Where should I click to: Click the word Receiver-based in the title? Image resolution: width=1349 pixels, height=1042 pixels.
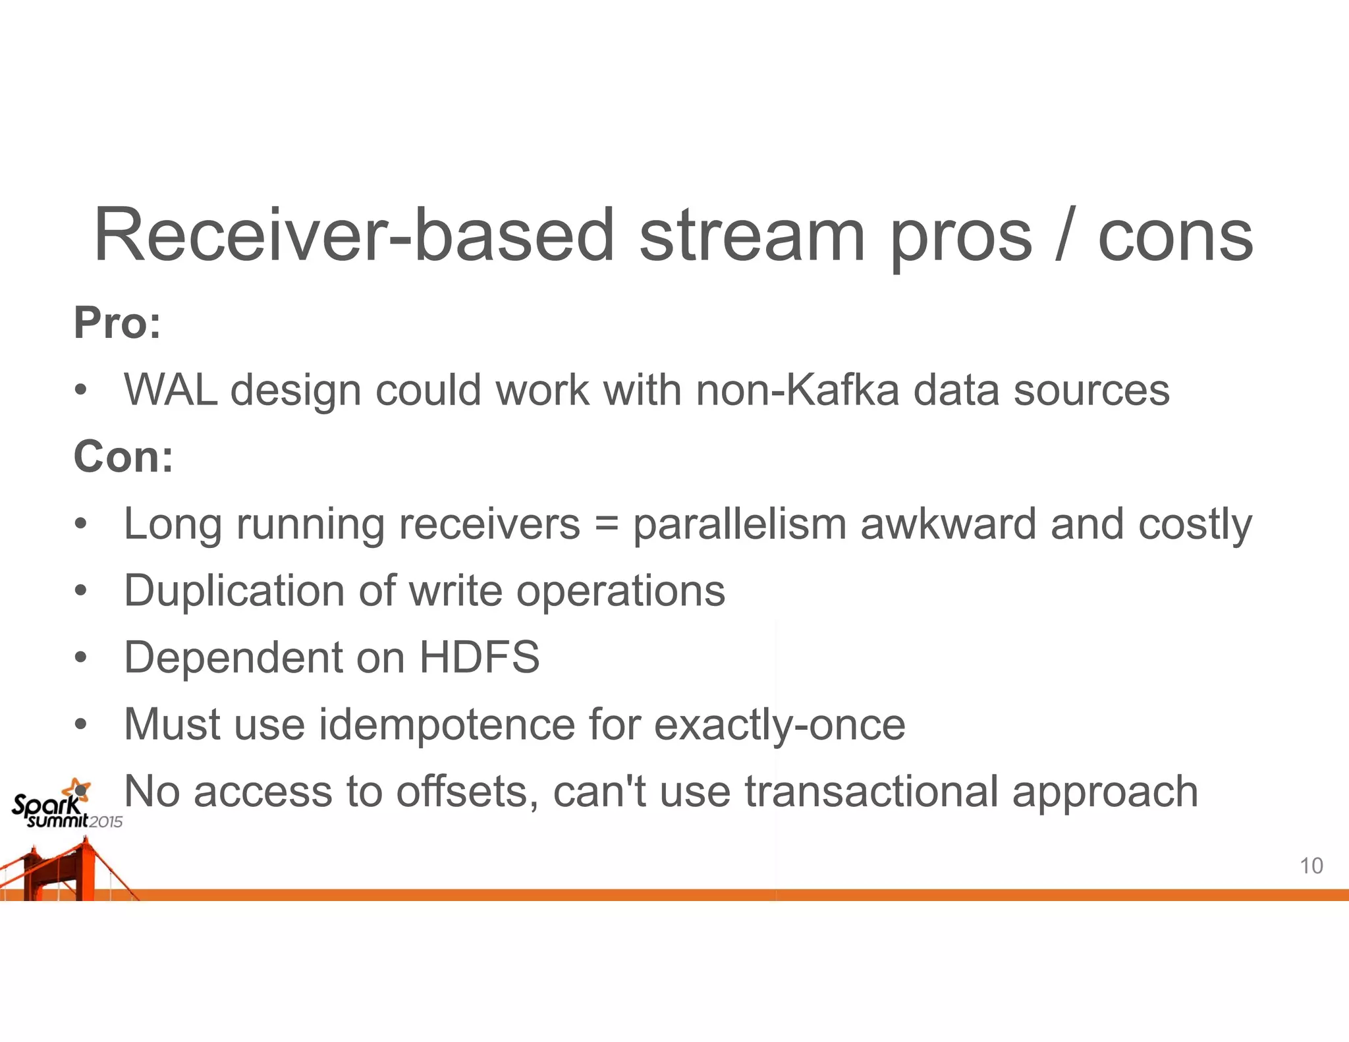pyautogui.click(x=354, y=235)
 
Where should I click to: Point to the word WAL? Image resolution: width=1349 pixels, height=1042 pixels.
pyautogui.click(x=171, y=389)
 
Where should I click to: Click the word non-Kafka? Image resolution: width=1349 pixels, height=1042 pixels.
pyautogui.click(x=798, y=389)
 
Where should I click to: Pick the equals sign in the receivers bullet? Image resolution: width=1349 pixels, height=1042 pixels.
pyautogui.click(x=607, y=524)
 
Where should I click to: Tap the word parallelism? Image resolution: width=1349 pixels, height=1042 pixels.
pyautogui.click(x=739, y=524)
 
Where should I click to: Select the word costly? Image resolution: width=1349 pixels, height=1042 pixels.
pyautogui.click(x=1195, y=524)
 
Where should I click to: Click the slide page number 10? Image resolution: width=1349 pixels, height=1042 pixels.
pyautogui.click(x=1311, y=865)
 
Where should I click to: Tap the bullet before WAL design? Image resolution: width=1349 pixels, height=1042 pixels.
pyautogui.click(x=80, y=389)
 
